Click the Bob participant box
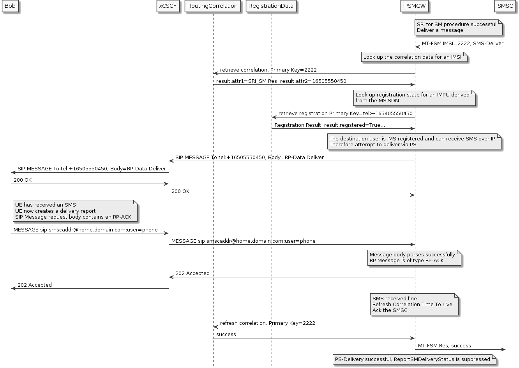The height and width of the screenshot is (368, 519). click(x=10, y=6)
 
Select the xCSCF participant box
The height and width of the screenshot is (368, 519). click(x=168, y=6)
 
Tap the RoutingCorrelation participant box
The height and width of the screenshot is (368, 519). click(x=212, y=6)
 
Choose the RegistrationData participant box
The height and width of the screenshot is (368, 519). click(x=271, y=6)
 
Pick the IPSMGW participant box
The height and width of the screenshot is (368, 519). click(x=415, y=6)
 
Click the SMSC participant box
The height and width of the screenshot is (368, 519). click(x=505, y=6)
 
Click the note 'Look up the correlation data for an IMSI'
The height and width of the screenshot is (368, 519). click(x=412, y=57)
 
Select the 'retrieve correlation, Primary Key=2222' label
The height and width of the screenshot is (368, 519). click(x=268, y=70)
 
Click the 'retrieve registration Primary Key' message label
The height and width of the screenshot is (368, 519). click(x=345, y=114)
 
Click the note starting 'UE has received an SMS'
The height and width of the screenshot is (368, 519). click(x=74, y=211)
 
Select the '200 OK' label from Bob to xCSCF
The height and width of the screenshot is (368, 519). click(x=23, y=180)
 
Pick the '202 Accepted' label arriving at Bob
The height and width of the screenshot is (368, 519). click(x=34, y=285)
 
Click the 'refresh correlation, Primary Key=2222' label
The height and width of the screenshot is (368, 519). click(x=267, y=323)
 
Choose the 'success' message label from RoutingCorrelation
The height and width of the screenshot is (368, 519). click(x=226, y=335)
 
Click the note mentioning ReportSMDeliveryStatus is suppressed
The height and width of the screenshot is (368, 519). click(x=414, y=359)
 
